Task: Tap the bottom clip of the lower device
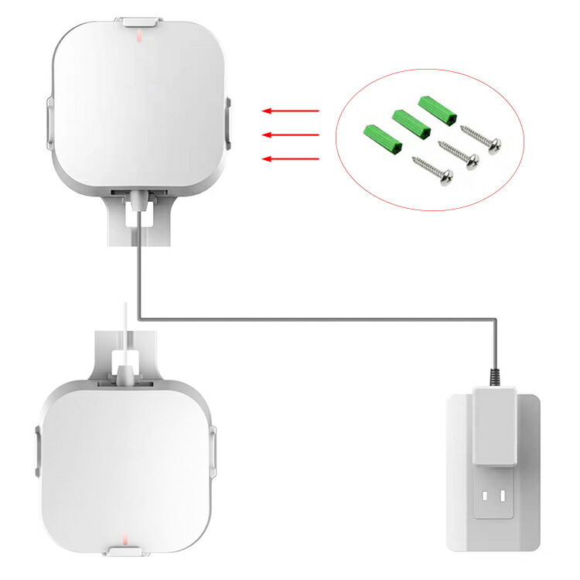(x=126, y=551)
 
